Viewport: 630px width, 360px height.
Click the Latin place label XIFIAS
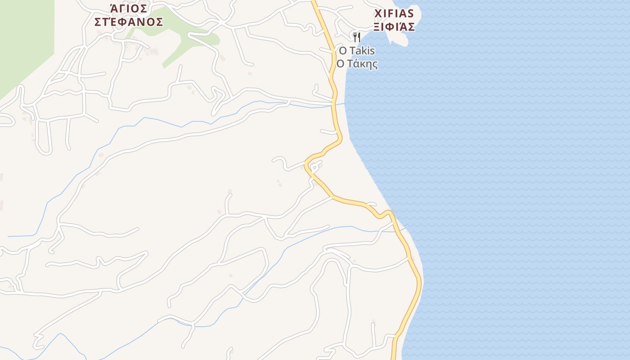tap(394, 13)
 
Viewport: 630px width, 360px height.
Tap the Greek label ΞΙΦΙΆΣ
tap(394, 27)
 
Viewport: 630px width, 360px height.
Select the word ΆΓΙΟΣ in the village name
tap(129, 9)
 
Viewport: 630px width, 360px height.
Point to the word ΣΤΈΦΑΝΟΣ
tap(129, 22)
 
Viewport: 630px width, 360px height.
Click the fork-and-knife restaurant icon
tap(356, 37)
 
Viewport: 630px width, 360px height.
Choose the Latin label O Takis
tap(357, 50)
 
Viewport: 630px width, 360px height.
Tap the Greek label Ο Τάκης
tap(357, 64)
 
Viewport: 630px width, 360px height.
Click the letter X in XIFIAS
tap(378, 13)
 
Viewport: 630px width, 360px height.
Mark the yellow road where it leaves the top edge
tap(314, 2)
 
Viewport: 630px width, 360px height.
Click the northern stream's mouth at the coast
tap(344, 103)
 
